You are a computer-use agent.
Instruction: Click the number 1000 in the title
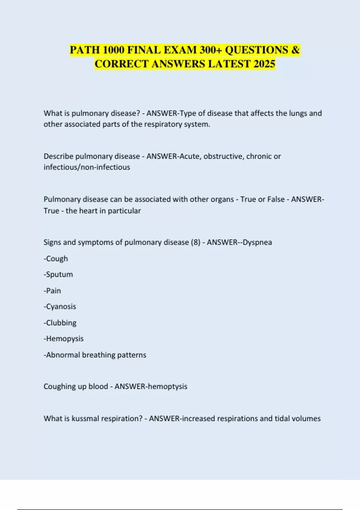click(x=113, y=50)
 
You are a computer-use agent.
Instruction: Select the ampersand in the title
click(x=295, y=50)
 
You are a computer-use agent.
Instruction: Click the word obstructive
click(x=223, y=156)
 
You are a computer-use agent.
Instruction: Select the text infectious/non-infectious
click(x=87, y=167)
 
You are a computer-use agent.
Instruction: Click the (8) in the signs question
click(x=195, y=242)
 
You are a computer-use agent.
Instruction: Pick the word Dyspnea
click(x=257, y=242)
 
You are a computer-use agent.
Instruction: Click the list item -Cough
click(x=56, y=259)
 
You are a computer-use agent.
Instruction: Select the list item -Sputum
click(x=58, y=274)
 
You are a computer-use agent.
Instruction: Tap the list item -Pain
click(x=52, y=291)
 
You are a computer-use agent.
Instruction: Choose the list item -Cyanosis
click(x=60, y=307)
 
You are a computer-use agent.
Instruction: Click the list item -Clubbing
click(x=60, y=323)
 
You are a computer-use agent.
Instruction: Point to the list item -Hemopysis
click(x=64, y=339)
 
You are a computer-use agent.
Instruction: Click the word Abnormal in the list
click(x=63, y=355)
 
